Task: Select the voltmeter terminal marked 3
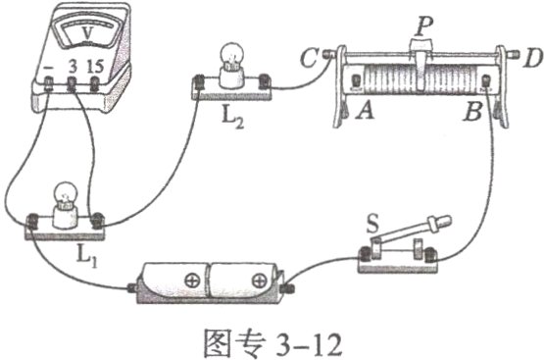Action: point(74,85)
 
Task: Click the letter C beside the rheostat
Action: point(307,58)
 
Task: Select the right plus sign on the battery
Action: point(258,283)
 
